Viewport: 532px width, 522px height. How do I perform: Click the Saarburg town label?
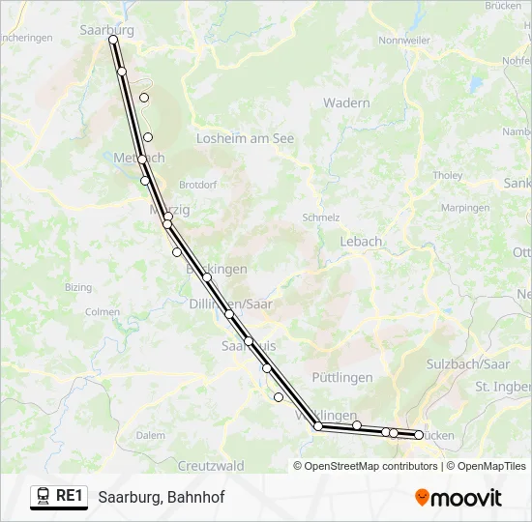[x=106, y=30]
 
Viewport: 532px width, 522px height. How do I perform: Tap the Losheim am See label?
[x=245, y=139]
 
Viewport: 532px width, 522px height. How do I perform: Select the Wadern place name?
[x=346, y=103]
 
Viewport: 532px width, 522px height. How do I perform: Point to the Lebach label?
[x=361, y=242]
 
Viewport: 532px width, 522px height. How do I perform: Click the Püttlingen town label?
[x=342, y=378]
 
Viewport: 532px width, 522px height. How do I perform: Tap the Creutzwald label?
[x=210, y=466]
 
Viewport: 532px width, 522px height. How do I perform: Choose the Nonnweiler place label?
[x=404, y=41]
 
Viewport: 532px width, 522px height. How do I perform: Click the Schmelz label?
[x=321, y=217]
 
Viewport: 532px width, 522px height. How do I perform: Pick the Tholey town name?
[x=448, y=176]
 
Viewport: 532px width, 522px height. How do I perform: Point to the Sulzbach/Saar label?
[x=468, y=364]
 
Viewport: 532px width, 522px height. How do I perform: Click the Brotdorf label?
[x=197, y=184]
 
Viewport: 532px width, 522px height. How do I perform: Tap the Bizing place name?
[x=78, y=288]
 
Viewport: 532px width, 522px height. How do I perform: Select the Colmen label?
[x=103, y=312]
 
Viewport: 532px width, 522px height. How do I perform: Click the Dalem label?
[x=150, y=436]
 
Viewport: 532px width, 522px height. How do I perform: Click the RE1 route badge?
[x=58, y=497]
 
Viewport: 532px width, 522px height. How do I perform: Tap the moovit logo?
[x=458, y=498]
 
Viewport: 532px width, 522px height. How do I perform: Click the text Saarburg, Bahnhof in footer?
[x=161, y=498]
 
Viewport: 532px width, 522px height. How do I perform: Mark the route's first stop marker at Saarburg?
[x=113, y=41]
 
